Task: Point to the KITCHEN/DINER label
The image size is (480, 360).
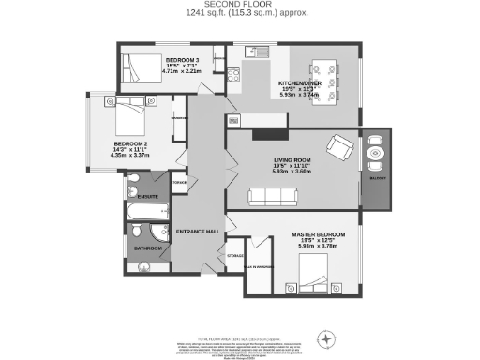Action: pos(299,83)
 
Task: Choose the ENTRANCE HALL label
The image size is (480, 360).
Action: pos(198,231)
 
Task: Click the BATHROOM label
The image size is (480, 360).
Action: pos(146,248)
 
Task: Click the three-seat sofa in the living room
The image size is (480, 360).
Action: pos(274,195)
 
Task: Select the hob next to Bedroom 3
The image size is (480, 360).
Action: pos(233,75)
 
